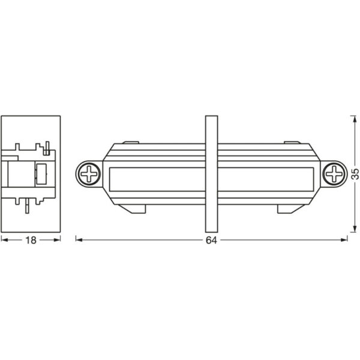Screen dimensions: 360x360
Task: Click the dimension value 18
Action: point(31,240)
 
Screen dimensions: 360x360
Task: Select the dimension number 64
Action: point(211,240)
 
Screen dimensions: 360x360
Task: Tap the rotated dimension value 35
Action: point(355,175)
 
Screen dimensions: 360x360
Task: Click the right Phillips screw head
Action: point(333,175)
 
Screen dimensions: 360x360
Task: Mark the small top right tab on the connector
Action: point(291,142)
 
